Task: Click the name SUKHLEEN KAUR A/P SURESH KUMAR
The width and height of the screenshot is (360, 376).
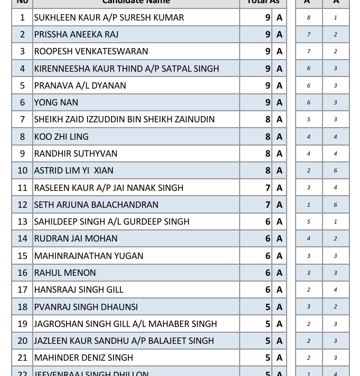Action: (x=109, y=17)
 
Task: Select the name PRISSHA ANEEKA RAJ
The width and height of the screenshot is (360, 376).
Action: (x=76, y=34)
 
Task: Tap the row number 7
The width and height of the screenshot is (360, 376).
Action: (x=22, y=119)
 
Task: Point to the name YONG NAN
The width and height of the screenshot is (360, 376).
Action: (x=56, y=102)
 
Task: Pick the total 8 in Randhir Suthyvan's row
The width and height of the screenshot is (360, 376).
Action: (x=268, y=153)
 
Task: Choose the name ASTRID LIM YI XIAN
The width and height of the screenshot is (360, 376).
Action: (x=73, y=170)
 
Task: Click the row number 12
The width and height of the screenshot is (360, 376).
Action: (x=22, y=205)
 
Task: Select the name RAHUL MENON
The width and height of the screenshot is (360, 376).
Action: (x=65, y=273)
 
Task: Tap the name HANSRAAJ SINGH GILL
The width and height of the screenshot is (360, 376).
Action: (x=79, y=290)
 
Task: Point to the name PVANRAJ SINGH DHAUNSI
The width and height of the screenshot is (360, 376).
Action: (x=86, y=307)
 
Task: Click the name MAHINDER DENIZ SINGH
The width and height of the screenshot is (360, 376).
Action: (x=83, y=358)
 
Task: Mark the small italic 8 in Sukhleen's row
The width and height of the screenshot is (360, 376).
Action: (x=309, y=17)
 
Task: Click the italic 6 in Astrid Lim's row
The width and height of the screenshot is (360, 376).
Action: (x=335, y=170)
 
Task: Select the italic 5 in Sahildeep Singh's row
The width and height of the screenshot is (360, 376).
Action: (x=309, y=221)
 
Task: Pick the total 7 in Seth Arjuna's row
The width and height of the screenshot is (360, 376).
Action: (x=268, y=205)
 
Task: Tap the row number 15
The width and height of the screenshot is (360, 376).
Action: (x=22, y=256)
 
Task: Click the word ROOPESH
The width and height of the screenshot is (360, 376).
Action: (x=54, y=51)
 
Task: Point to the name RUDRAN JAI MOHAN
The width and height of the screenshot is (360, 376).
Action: (x=75, y=238)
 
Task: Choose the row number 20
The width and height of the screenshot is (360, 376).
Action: (x=22, y=341)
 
